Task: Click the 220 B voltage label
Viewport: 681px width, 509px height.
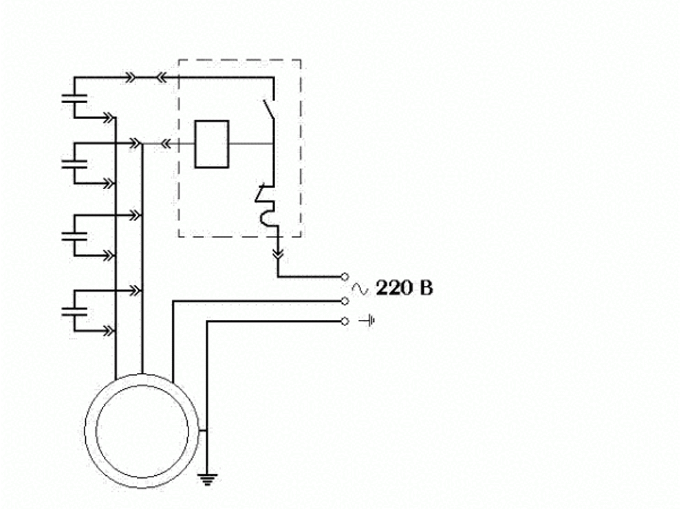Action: click(x=404, y=288)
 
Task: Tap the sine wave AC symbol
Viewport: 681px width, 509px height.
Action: click(x=360, y=288)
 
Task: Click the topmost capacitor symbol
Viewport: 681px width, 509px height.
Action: click(x=74, y=98)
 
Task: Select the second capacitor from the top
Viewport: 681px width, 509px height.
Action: click(x=74, y=164)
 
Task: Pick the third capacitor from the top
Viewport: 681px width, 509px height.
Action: click(x=74, y=236)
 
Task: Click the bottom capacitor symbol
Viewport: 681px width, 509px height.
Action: click(x=74, y=311)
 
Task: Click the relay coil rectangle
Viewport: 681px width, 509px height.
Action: click(x=211, y=144)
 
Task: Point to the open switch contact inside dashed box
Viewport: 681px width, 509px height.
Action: click(x=269, y=109)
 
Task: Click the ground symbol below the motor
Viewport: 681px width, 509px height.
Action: click(x=207, y=479)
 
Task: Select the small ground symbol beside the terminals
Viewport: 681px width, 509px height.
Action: click(x=368, y=321)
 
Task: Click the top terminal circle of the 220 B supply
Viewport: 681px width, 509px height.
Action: click(x=345, y=277)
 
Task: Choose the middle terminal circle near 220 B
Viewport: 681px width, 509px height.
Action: click(x=345, y=301)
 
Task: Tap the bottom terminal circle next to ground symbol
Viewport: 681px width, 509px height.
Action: click(x=345, y=321)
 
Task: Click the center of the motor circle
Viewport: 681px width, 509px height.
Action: click(x=142, y=431)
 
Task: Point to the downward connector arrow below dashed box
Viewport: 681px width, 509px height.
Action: click(x=278, y=252)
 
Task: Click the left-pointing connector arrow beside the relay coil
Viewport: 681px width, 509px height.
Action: click(x=166, y=143)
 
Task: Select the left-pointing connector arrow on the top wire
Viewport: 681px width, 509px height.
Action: click(x=161, y=78)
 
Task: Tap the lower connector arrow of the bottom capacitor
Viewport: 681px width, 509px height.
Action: click(x=109, y=332)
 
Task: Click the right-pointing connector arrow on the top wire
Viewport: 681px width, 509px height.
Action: click(x=130, y=78)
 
